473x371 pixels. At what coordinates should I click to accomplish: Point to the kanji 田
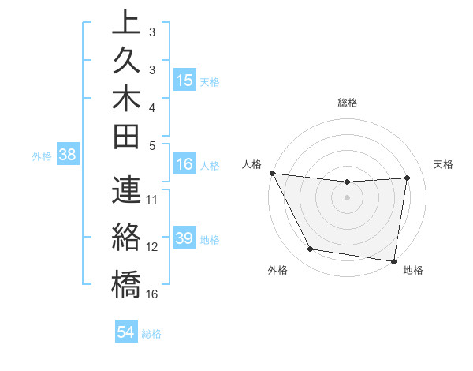point(126,137)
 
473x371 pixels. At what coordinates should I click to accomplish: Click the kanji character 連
point(126,189)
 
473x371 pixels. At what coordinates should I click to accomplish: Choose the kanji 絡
point(126,237)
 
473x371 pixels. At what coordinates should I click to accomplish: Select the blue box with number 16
point(184,165)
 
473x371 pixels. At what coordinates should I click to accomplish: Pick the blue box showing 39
point(184,238)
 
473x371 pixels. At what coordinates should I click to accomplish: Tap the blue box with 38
point(68,156)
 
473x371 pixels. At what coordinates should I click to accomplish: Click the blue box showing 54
point(125,332)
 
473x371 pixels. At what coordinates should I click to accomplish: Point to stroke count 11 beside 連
point(152,199)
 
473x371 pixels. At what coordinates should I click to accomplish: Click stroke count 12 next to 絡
point(152,247)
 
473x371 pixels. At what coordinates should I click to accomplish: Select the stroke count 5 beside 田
point(152,145)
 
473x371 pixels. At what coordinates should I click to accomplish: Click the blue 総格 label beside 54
point(152,333)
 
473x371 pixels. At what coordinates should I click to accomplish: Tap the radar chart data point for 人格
point(272,173)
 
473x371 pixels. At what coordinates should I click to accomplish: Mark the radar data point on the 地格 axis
point(393,260)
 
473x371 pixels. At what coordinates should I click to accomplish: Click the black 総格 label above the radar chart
point(348,103)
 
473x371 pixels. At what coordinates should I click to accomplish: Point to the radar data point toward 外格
point(310,250)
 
